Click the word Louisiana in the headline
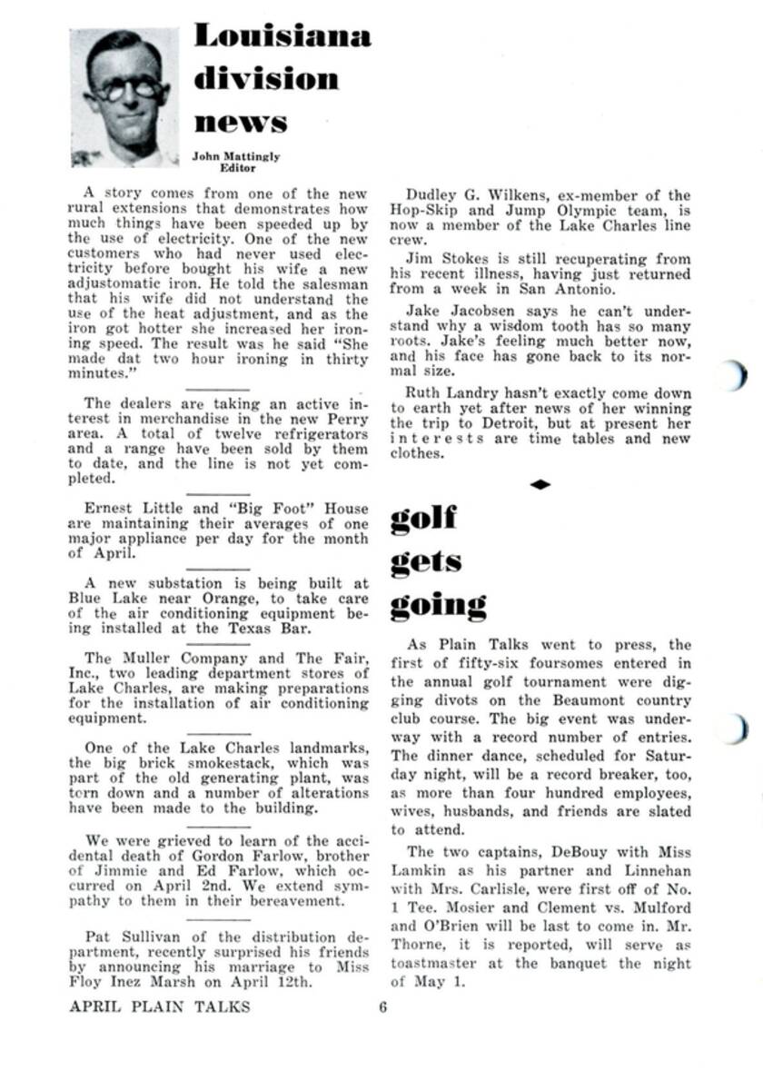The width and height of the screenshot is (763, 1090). click(x=282, y=36)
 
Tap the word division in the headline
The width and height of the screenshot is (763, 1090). click(x=266, y=79)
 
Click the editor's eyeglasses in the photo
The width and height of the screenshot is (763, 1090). click(x=126, y=89)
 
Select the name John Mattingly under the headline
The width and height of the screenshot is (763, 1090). click(x=236, y=156)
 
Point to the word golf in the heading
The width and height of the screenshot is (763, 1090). click(x=423, y=519)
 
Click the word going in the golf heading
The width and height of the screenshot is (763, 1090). click(x=439, y=605)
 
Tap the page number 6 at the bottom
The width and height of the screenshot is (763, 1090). click(x=383, y=1006)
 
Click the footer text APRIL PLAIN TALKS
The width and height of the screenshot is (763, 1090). click(x=159, y=1006)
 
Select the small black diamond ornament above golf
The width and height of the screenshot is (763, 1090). click(x=540, y=485)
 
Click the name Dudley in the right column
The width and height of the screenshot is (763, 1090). click(x=432, y=195)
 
